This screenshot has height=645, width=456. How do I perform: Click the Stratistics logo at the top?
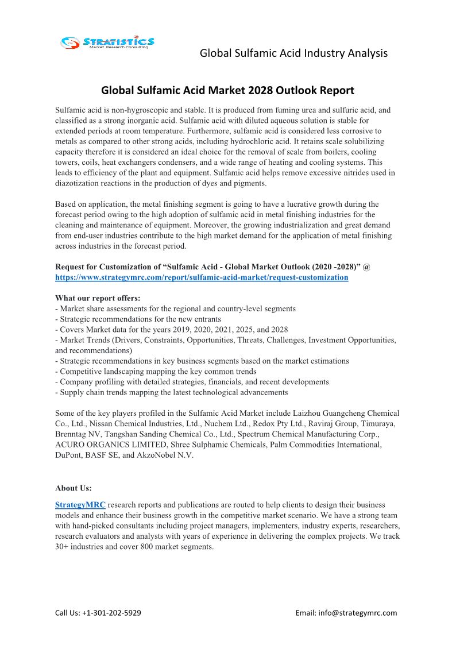coord(107,42)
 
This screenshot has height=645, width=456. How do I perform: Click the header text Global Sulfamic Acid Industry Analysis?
coord(293,53)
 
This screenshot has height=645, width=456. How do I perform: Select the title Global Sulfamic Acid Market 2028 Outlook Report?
coord(227,90)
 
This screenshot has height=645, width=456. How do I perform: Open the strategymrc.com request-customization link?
coord(202,277)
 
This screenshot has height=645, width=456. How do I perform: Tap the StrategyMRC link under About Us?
coord(80,505)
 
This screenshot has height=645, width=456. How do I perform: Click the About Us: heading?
coord(74,488)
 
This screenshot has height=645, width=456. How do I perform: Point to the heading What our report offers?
coord(97,298)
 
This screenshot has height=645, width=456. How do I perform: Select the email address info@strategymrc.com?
coord(363,613)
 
